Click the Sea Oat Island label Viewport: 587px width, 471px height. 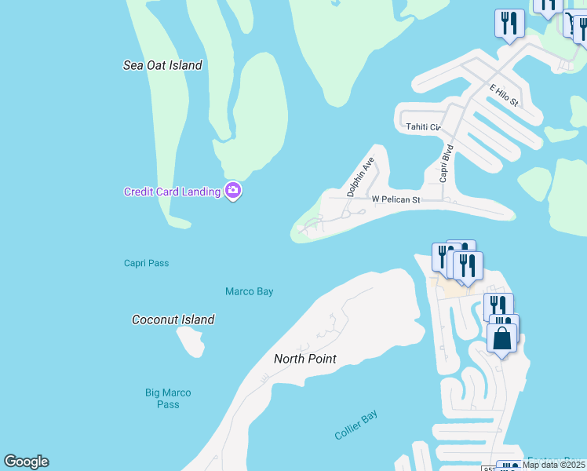click(x=162, y=65)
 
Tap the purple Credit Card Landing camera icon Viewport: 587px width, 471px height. click(x=232, y=191)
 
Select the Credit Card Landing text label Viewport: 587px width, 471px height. click(x=172, y=192)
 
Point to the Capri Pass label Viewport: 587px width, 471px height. click(x=146, y=263)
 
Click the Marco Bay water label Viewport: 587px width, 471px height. click(x=249, y=291)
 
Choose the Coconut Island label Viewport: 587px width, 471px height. click(x=173, y=319)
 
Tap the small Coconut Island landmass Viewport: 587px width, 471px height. click(x=191, y=341)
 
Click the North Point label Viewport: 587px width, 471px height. click(x=304, y=359)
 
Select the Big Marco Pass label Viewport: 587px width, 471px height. click(x=168, y=398)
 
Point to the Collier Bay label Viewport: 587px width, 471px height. click(x=355, y=425)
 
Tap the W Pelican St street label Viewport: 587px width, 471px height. click(x=396, y=200)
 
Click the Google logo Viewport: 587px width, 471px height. click(x=26, y=462)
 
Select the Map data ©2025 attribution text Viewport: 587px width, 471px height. click(x=553, y=465)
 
